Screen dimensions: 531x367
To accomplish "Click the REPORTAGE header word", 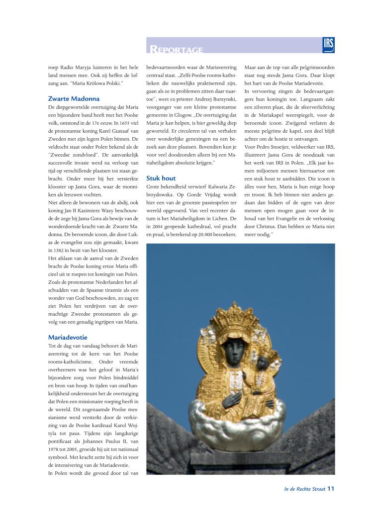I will point(177,49).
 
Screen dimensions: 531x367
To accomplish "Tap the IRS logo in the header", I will point(328,45).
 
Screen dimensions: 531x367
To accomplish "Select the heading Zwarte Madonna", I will point(74,98).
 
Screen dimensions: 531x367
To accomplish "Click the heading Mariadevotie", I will point(68,337).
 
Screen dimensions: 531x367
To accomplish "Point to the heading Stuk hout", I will point(161,178).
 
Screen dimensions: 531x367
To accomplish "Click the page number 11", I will point(331,488).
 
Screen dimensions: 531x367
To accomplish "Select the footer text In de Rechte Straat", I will point(304,489).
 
